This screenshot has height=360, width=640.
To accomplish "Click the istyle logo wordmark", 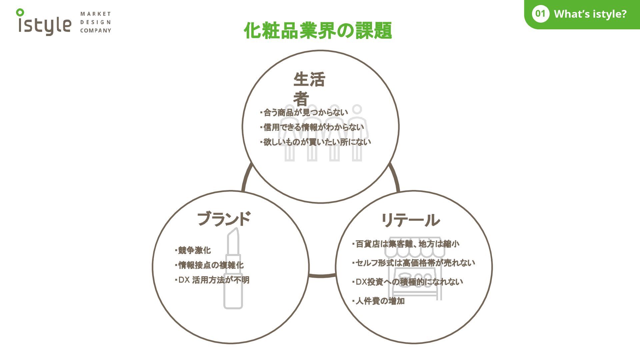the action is tap(45, 24).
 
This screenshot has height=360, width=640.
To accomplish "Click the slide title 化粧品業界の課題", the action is tap(318, 31).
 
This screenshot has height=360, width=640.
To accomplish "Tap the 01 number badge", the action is tap(540, 14).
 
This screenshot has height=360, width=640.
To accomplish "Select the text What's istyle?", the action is tap(590, 14).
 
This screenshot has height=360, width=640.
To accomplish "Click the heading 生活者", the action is tap(309, 88).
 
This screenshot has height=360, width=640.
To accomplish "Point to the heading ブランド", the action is tap(224, 219).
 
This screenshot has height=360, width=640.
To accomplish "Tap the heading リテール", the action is tap(410, 220).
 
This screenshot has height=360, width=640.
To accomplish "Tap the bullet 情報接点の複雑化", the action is tap(210, 265).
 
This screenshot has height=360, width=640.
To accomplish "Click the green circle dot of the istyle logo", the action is tap(20, 13).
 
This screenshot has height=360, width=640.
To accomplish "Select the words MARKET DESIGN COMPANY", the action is tap(95, 22).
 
